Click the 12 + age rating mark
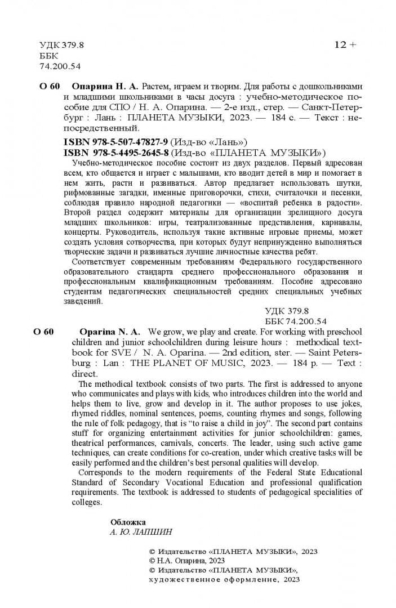(345, 45)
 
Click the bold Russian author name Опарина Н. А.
(105, 87)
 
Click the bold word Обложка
(128, 522)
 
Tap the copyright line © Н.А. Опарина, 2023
(186, 561)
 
